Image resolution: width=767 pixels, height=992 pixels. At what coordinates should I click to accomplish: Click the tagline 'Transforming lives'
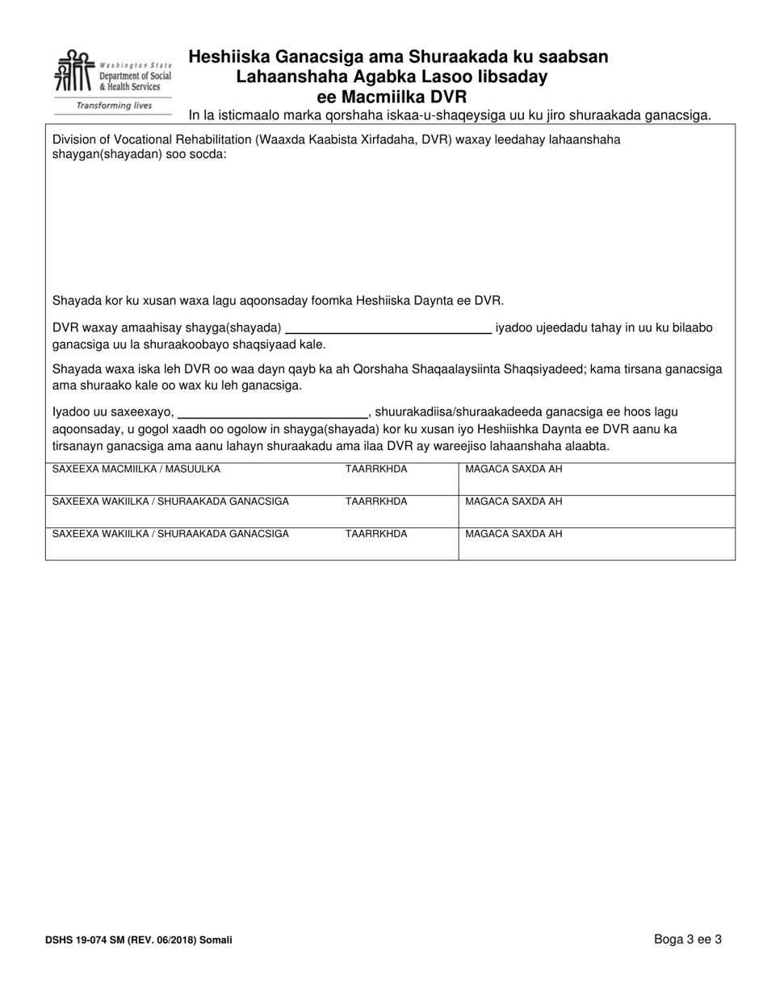point(114,106)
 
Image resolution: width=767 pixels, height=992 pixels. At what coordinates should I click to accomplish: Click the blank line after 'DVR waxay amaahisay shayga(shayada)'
point(389,328)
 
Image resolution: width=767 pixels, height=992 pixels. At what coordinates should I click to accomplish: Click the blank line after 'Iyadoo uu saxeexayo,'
point(272,412)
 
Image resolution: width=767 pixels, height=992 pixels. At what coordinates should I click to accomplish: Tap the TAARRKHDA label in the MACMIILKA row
point(376,469)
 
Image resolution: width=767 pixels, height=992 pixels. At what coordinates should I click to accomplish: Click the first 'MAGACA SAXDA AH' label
point(513,469)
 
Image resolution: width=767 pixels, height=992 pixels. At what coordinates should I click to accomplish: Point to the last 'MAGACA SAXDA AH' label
point(513,534)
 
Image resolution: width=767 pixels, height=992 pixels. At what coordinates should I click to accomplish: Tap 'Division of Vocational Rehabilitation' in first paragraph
point(151,140)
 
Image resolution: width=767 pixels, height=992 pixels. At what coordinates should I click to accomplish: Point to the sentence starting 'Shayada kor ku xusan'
point(278,301)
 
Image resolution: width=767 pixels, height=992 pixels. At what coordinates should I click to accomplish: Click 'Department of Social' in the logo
point(135,76)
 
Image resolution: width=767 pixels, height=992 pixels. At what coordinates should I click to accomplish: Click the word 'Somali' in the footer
point(216,940)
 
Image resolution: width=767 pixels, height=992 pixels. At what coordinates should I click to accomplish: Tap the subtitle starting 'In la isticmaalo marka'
point(450,115)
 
